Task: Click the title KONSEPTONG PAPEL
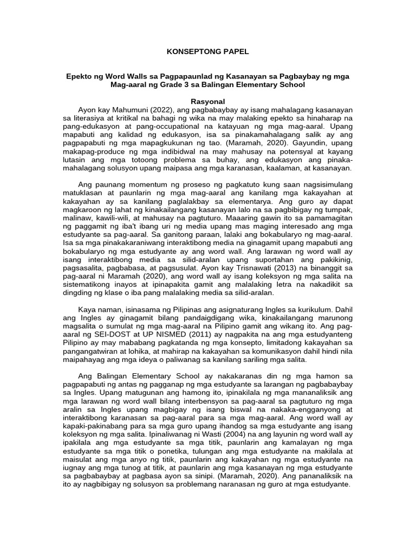tap(207, 51)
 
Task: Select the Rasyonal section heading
tap(207, 101)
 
